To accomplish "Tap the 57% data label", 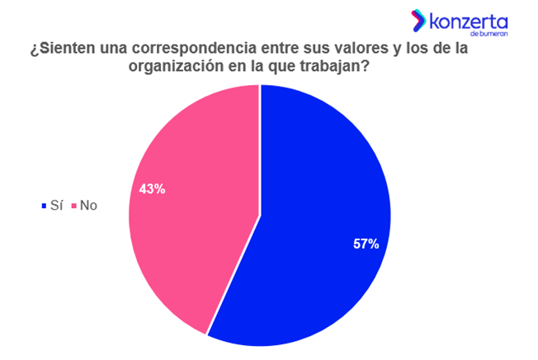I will pyautogui.click(x=366, y=244).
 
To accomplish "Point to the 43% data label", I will pyautogui.click(x=152, y=189).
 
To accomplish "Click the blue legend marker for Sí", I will pyautogui.click(x=44, y=206).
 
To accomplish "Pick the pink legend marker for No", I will pyautogui.click(x=73, y=206).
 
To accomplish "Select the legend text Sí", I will pyautogui.click(x=56, y=205).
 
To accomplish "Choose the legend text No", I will pyautogui.click(x=88, y=205).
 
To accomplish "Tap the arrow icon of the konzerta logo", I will pyautogui.click(x=419, y=20).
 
